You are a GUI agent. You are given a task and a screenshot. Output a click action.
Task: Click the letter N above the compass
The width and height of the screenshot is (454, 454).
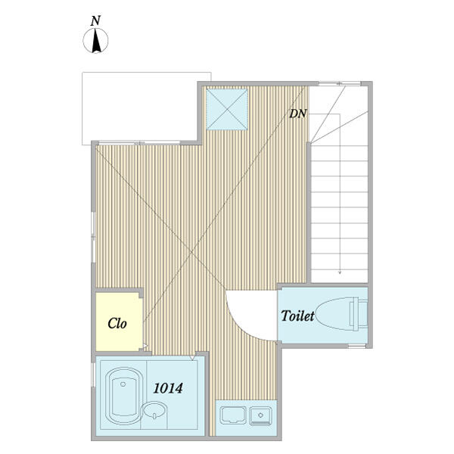pyautogui.click(x=95, y=21)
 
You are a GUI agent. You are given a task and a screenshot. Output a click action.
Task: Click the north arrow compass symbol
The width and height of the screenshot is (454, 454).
pyautogui.click(x=95, y=41)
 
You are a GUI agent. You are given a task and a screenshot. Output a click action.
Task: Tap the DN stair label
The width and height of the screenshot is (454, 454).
pyautogui.click(x=298, y=113)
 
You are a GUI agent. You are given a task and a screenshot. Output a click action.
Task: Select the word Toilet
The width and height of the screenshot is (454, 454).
pyautogui.click(x=297, y=316)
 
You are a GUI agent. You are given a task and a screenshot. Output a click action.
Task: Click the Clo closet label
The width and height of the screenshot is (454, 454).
pyautogui.click(x=117, y=323)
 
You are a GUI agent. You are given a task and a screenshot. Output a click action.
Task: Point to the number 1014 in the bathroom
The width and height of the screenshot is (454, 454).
pyautogui.click(x=168, y=388)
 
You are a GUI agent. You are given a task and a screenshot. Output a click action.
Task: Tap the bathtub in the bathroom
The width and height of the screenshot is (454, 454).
pyautogui.click(x=124, y=396)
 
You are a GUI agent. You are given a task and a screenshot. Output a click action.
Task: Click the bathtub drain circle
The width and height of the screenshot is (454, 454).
pyautogui.click(x=123, y=384)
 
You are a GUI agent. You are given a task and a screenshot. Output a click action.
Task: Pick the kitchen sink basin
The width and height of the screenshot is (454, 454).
pyautogui.click(x=233, y=415)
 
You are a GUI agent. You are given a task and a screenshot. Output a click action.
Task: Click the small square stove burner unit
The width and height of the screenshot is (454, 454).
pyautogui.click(x=260, y=416)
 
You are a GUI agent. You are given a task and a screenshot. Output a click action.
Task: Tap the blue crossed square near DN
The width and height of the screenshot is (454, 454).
pyautogui.click(x=228, y=109)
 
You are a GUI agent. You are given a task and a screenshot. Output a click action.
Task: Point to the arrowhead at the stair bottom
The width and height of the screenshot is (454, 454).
pyautogui.click(x=340, y=272)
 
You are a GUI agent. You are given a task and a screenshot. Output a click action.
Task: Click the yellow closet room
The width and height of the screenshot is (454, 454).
pyautogui.click(x=119, y=322)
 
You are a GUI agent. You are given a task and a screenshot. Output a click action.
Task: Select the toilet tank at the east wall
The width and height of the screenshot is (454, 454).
pyautogui.click(x=359, y=314)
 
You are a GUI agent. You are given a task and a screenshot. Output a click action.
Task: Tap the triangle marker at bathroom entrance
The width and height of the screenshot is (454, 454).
pyautogui.click(x=192, y=358)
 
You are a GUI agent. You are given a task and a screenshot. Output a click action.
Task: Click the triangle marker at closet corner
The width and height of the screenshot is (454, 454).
pyautogui.click(x=145, y=346)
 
